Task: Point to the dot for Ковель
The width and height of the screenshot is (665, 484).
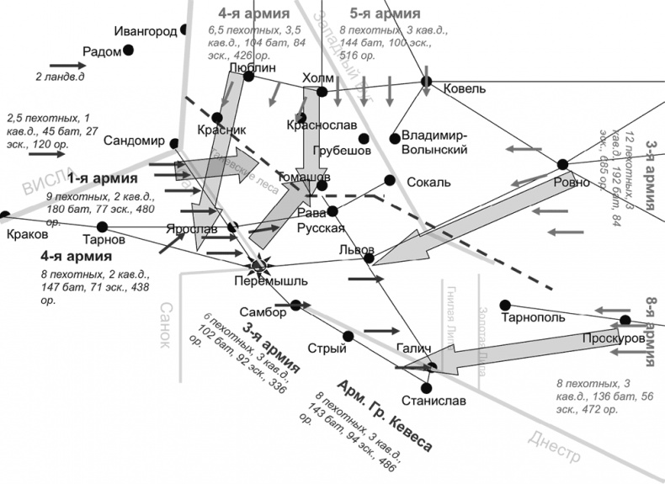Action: (426, 82)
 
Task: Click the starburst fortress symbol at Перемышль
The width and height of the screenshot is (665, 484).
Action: (259, 265)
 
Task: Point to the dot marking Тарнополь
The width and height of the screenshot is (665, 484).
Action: (505, 305)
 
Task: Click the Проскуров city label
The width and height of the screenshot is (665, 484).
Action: (613, 338)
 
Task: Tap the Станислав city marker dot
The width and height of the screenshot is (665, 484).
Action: (427, 388)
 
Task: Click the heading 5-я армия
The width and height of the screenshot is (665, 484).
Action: (385, 13)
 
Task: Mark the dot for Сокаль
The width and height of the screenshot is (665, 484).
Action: (389, 179)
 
